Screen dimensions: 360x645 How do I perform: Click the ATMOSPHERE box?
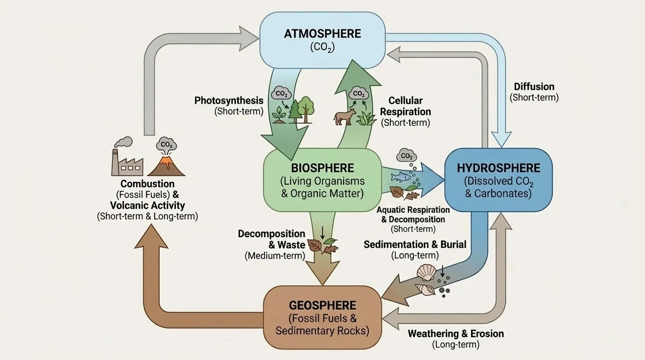(x=322, y=40)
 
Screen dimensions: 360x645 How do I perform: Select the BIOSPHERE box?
(x=322, y=180)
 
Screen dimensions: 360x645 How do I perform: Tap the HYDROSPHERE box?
(x=498, y=180)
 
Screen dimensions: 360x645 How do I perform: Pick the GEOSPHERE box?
(x=322, y=317)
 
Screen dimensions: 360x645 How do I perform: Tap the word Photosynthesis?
(x=229, y=100)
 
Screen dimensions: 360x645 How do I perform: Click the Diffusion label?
(x=534, y=87)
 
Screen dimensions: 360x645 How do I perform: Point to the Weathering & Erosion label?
(x=456, y=334)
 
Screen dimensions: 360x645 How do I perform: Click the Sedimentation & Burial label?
(x=415, y=244)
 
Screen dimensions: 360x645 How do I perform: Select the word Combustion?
(x=147, y=184)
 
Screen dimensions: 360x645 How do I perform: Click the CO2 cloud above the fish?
(x=406, y=156)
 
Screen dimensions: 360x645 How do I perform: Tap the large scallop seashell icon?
(x=426, y=272)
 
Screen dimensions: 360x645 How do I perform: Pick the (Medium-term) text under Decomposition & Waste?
(x=275, y=256)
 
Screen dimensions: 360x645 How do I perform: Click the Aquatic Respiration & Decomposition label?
(x=413, y=215)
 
